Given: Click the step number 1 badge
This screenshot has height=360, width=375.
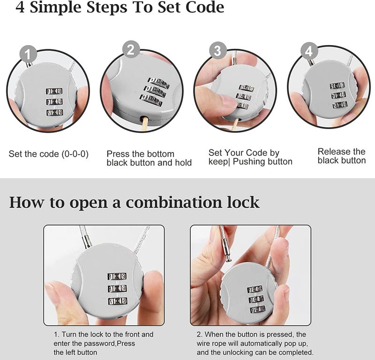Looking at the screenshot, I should coord(28,55).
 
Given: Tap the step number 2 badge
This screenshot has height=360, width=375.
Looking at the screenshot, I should coord(131,49).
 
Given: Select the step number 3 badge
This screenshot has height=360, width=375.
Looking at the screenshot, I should coord(217,50).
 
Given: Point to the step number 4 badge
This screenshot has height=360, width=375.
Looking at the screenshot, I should coord(308,50).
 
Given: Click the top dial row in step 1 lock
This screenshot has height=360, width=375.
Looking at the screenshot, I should coord(54,91).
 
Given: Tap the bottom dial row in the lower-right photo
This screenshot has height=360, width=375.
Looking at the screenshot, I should coord(256,310).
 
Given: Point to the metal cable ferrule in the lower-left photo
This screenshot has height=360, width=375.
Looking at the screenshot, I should coord(86,241).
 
